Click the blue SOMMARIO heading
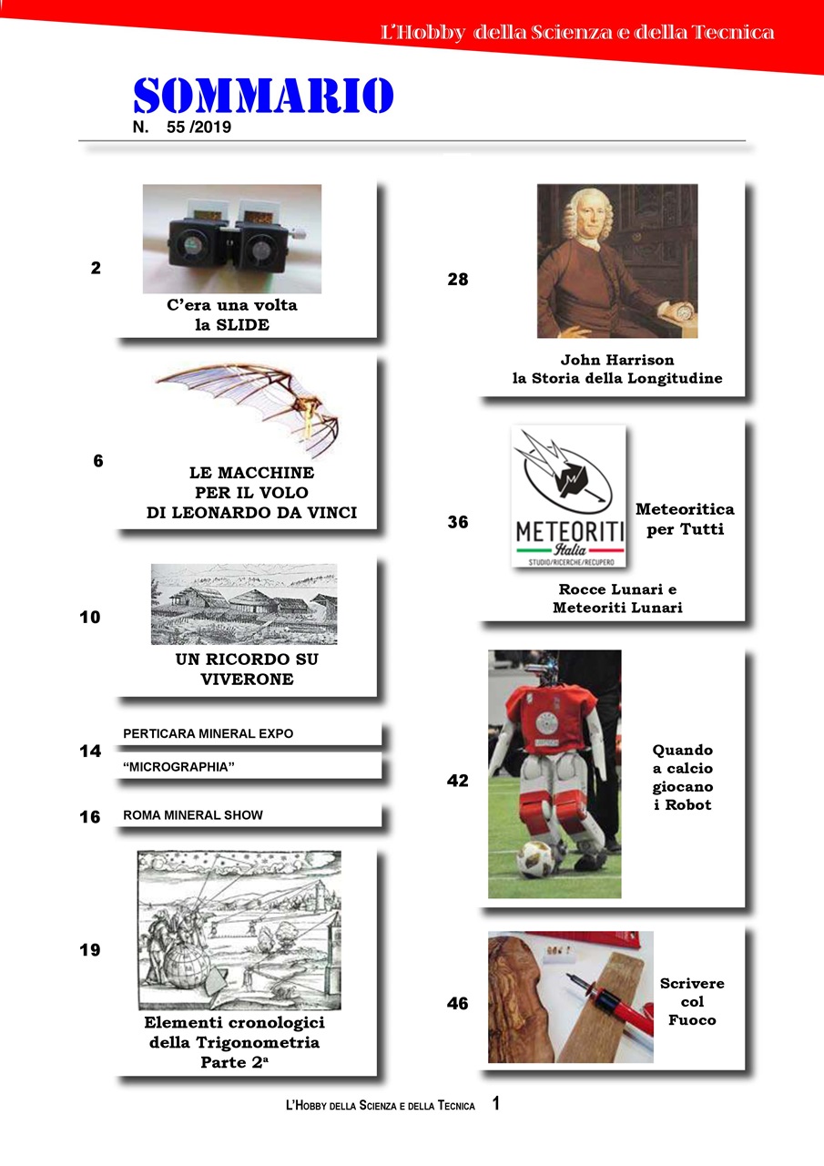point(263,96)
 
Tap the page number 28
point(457,280)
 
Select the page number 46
point(457,1004)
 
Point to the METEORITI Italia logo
point(569,496)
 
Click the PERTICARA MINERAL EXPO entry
point(209,733)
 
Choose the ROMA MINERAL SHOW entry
point(193,815)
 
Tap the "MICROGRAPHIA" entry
point(178,767)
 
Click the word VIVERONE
point(247,679)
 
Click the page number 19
point(89,950)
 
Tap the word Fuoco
point(692,1020)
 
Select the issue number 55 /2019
point(199,128)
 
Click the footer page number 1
point(495,1104)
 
